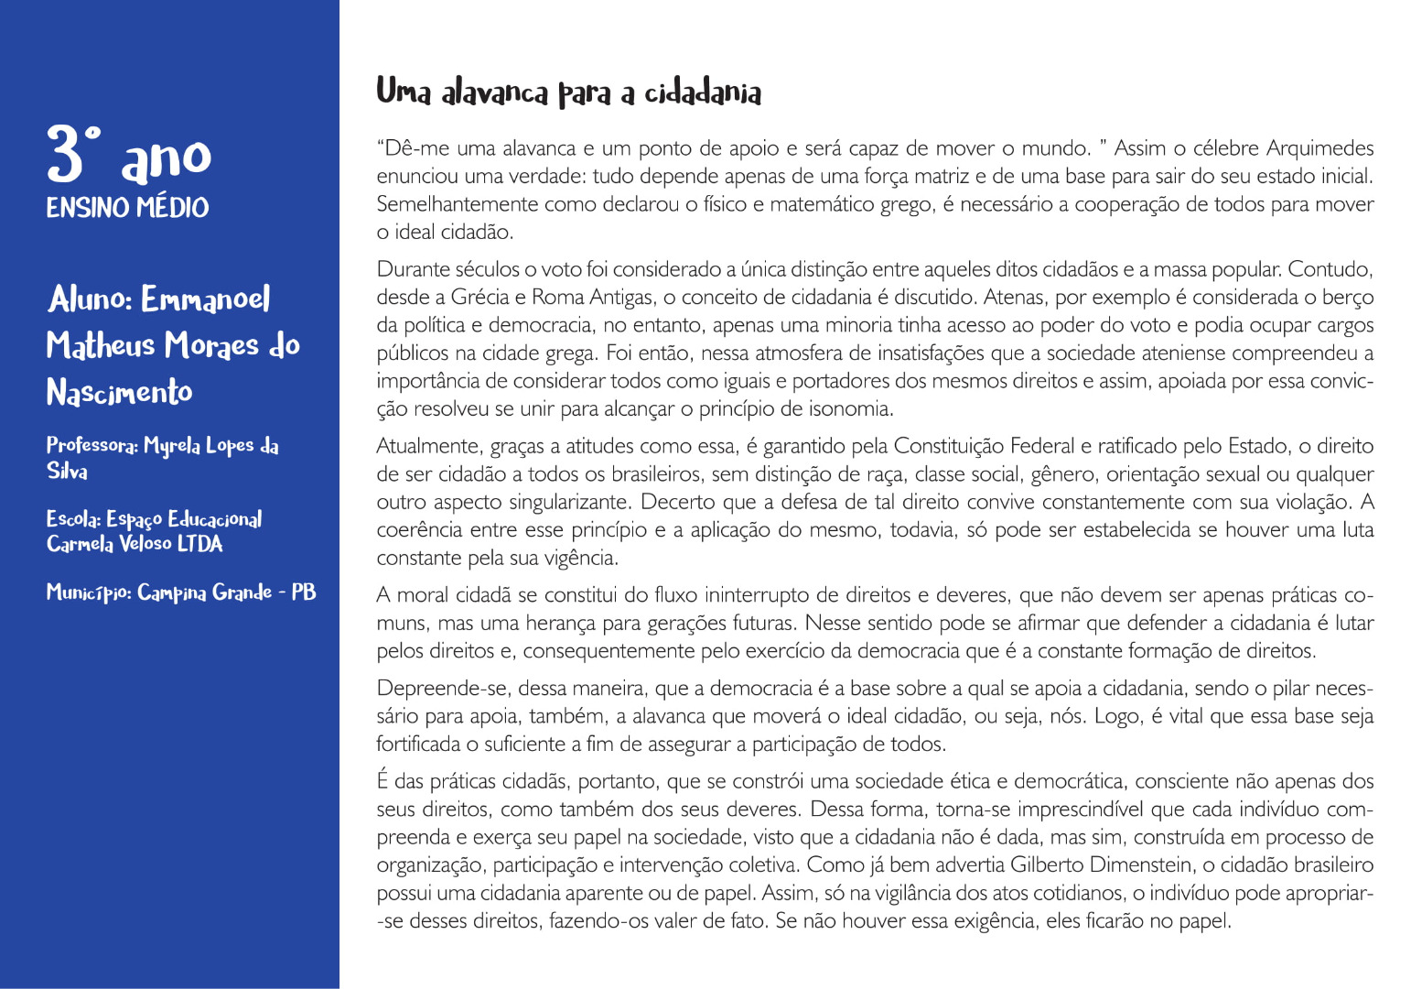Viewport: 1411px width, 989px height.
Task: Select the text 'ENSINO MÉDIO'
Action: (x=127, y=208)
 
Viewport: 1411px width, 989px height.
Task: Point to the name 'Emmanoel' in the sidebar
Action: (x=206, y=299)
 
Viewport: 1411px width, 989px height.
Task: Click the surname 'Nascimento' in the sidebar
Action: (x=119, y=392)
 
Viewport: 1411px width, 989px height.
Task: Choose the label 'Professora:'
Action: (x=92, y=445)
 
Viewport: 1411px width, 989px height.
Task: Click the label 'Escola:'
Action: (x=73, y=519)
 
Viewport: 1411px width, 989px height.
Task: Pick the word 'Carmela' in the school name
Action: (x=80, y=544)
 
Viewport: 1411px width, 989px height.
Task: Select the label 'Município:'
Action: (x=89, y=592)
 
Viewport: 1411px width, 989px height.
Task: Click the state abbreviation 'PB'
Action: (x=304, y=592)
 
